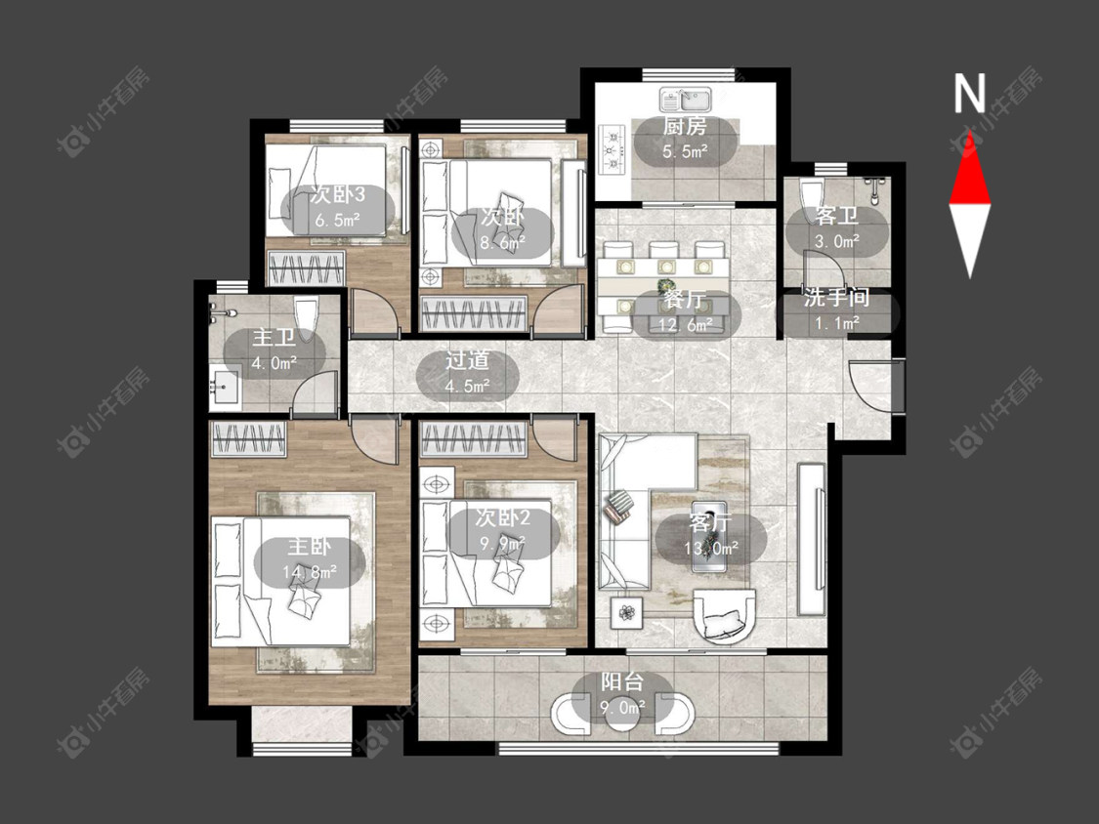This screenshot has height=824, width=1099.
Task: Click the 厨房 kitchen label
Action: (685, 126)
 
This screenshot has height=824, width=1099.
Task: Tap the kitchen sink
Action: (685, 99)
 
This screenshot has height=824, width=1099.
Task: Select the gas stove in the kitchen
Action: (613, 147)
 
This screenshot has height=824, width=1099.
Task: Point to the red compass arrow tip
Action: (970, 131)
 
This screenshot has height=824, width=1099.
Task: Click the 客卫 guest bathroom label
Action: (836, 216)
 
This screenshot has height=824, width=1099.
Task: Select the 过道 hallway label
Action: (468, 360)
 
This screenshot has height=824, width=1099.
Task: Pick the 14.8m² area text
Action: (309, 572)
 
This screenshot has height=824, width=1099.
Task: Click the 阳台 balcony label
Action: (621, 681)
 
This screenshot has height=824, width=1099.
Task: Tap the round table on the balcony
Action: (623, 713)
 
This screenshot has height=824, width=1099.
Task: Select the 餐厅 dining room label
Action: (685, 299)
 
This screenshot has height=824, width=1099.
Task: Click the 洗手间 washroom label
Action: (836, 298)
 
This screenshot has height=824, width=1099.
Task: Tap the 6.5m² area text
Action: (337, 220)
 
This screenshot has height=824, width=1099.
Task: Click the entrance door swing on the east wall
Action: (871, 385)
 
